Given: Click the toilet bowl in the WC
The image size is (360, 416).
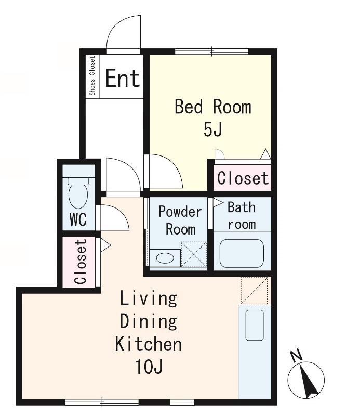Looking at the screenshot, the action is pos(78,193).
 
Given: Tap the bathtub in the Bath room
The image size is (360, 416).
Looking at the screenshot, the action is pos(242,253).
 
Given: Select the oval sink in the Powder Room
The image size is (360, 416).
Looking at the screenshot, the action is pos(165,258).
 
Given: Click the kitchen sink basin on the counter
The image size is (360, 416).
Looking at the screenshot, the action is pos(255,326).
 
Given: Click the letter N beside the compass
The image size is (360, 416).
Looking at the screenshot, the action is pos(297,356).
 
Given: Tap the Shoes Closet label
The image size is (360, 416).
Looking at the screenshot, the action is pos(92,75).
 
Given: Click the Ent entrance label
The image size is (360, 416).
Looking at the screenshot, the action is pos(123,78).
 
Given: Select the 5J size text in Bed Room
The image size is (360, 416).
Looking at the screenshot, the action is pos(212,129).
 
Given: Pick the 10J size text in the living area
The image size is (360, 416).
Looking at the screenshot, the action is pos(149,367).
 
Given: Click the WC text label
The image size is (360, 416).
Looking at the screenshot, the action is pos(78,219).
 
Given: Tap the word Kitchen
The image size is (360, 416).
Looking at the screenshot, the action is pos(149,344).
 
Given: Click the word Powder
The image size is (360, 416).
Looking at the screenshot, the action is pos(180,212).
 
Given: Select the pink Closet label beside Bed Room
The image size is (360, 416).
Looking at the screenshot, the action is pos(243,178).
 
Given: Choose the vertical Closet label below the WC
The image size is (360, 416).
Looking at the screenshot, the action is pos(81,262).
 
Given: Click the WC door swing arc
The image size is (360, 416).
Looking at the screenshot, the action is pos(120,213).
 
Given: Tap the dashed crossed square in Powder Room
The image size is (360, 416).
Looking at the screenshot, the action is pos(194,254).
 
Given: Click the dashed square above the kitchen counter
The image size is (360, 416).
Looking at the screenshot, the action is pos(254,291).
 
